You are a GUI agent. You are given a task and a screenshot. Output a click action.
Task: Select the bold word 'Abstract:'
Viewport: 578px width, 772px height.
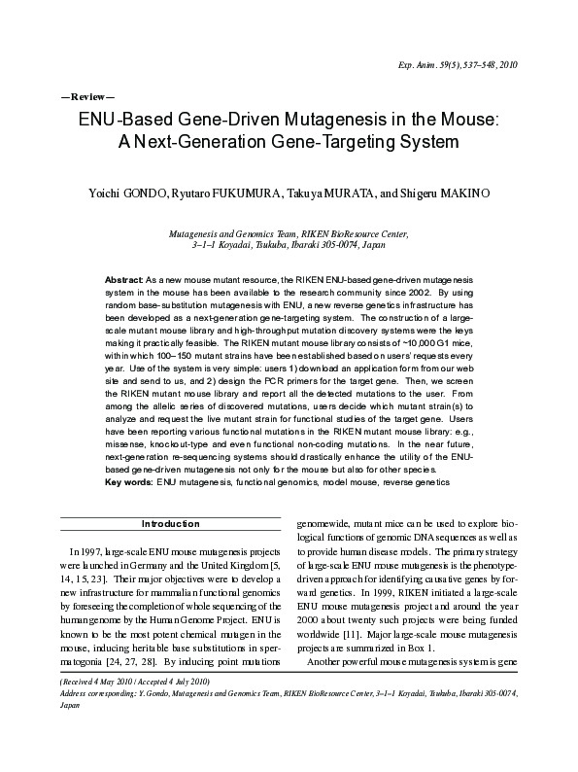[x=124, y=279]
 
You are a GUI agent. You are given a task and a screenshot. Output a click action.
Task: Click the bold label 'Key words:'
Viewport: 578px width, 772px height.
[x=128, y=481]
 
